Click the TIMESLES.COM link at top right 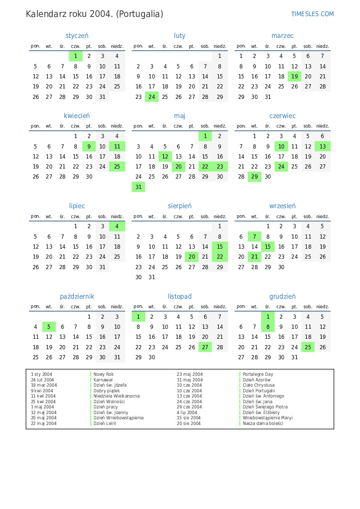[x=312, y=14]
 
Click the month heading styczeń [x=77, y=36]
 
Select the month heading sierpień [x=180, y=206]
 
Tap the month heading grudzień [x=282, y=297]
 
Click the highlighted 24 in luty [x=151, y=97]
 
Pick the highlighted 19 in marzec [x=294, y=76]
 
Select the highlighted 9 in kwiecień [x=89, y=147]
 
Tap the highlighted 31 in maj [x=138, y=187]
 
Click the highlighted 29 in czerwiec [x=255, y=177]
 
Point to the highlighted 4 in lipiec [x=117, y=226]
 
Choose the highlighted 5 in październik [x=49, y=327]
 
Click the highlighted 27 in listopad [x=205, y=347]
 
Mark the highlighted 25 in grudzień [x=308, y=347]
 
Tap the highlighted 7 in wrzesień [x=254, y=237]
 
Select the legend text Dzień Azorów [x=256, y=380]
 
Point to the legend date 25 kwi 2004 [x=43, y=401]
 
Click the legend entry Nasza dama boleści [x=262, y=423]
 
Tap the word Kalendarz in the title [x=44, y=14]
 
